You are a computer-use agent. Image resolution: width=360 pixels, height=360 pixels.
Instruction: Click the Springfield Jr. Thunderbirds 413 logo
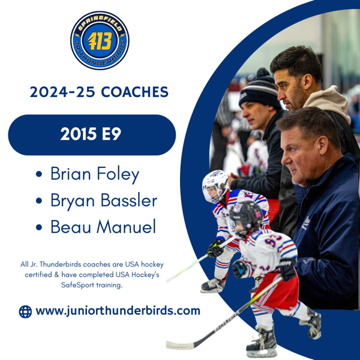click(99, 40)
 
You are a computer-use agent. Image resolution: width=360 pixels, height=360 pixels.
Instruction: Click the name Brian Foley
click(94, 174)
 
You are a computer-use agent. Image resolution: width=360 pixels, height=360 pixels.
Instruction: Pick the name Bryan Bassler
click(103, 200)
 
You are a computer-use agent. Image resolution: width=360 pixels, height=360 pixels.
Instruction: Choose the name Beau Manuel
click(103, 227)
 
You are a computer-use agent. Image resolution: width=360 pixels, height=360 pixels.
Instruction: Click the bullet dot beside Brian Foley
click(40, 175)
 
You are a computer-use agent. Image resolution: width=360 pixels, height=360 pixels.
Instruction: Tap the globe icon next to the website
click(25, 311)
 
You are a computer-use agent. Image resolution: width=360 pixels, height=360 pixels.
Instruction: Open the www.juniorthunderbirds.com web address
click(118, 311)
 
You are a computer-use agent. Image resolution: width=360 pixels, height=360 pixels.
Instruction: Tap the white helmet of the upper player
click(215, 185)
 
